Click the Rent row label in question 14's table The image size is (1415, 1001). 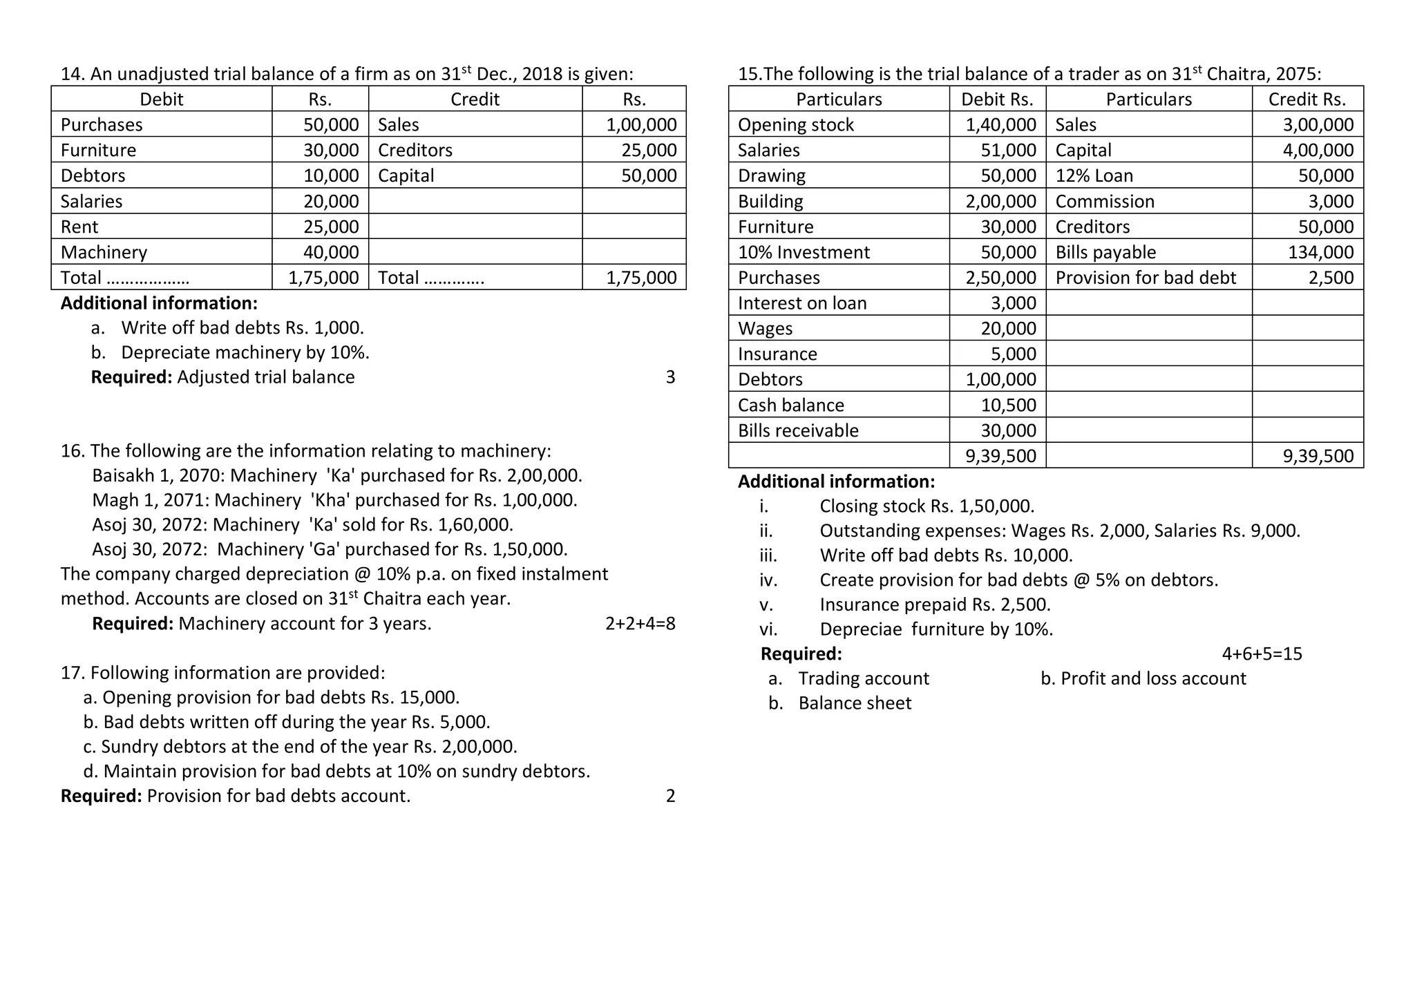pyautogui.click(x=79, y=227)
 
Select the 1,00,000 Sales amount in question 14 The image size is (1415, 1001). pyautogui.click(x=640, y=125)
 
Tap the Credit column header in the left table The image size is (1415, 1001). pyautogui.click(x=475, y=99)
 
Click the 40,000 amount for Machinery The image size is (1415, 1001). pyautogui.click(x=331, y=252)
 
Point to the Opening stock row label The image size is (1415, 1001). pyautogui.click(x=795, y=125)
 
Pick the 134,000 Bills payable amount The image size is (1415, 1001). pyautogui.click(x=1320, y=252)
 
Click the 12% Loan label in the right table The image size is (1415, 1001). pyautogui.click(x=1094, y=175)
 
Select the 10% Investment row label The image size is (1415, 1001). pyautogui.click(x=804, y=252)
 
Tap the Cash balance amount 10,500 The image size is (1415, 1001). pyautogui.click(x=1008, y=405)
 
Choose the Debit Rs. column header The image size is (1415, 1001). pyautogui.click(x=997, y=99)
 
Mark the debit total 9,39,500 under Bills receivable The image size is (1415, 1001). pyautogui.click(x=1000, y=456)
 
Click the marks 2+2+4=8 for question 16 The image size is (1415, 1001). pyautogui.click(x=640, y=624)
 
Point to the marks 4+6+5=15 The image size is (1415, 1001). pyautogui.click(x=1262, y=654)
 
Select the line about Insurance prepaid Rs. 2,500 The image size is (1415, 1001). pyautogui.click(x=934, y=605)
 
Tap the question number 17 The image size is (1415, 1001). pyautogui.click(x=72, y=673)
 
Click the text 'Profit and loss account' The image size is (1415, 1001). pyautogui.click(x=1152, y=678)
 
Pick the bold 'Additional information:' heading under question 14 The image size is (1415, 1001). pyautogui.click(x=159, y=303)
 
